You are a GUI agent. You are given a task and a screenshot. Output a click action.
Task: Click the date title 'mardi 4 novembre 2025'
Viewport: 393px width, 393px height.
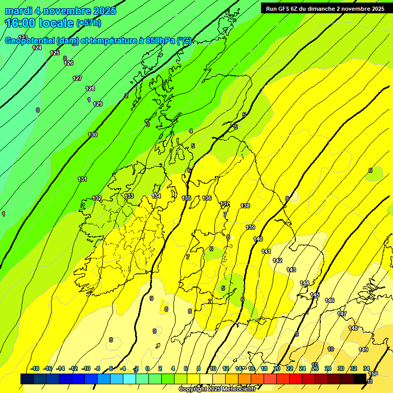60,11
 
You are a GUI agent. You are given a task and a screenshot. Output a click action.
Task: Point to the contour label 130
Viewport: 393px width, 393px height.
93,135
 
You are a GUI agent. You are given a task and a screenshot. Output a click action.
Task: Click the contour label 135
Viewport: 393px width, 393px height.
187,198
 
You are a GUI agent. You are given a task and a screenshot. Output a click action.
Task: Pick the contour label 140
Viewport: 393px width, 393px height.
258,239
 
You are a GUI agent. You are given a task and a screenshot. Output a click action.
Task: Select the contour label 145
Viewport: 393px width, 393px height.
315,295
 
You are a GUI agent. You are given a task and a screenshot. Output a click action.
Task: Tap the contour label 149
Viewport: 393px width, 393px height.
363,350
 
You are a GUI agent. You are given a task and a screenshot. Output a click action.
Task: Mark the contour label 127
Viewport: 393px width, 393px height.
77,78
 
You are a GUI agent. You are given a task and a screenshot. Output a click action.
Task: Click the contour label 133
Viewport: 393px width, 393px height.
129,196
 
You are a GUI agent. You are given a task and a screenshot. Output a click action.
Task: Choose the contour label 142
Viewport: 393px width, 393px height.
277,260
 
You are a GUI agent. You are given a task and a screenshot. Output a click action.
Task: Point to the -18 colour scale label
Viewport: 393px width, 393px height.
35,368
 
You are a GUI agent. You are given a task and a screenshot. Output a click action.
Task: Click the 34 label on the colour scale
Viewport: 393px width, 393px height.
366,368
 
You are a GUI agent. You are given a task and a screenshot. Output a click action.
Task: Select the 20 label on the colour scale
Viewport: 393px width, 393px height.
277,368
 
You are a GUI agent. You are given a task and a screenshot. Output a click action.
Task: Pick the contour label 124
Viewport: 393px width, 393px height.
37,48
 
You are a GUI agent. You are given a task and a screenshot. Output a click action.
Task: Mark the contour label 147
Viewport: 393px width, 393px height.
342,314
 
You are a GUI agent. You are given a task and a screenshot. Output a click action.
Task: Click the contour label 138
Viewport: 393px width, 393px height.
245,206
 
